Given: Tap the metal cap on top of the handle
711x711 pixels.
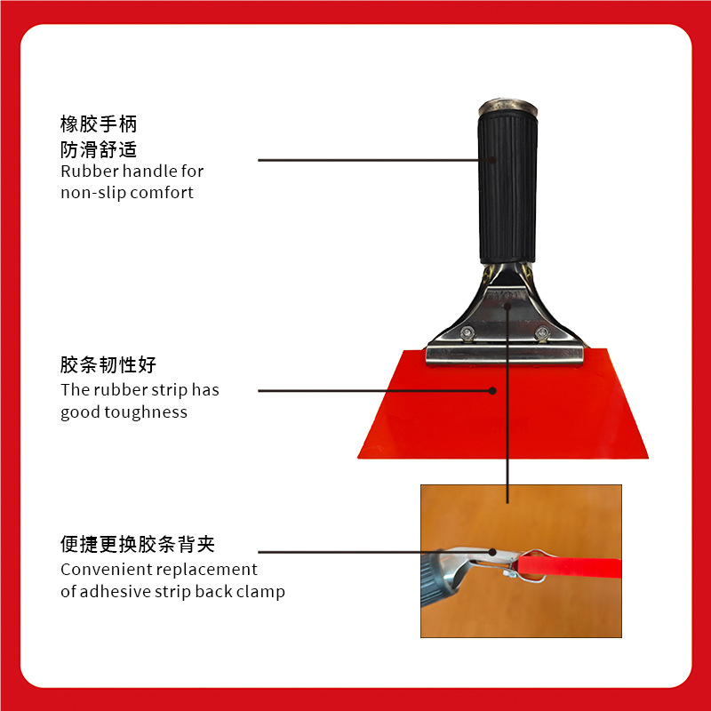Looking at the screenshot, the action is (507, 107).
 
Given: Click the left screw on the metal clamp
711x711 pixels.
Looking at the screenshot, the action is (467, 333).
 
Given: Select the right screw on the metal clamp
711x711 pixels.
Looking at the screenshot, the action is (542, 333).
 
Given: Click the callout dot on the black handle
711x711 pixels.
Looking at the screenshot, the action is (493, 160).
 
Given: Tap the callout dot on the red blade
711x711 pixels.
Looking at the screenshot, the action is (493, 390).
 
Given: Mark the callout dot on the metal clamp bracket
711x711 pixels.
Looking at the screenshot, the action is (507, 306).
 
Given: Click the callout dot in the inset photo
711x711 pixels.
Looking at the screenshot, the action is (493, 552).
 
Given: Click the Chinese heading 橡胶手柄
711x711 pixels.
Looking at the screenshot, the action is (99, 124).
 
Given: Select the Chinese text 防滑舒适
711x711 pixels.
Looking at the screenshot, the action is (99, 149).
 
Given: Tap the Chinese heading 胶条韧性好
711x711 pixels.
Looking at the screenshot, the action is (108, 364).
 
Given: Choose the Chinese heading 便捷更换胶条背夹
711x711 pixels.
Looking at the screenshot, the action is (138, 544).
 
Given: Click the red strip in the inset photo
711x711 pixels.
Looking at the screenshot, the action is (569, 566).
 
